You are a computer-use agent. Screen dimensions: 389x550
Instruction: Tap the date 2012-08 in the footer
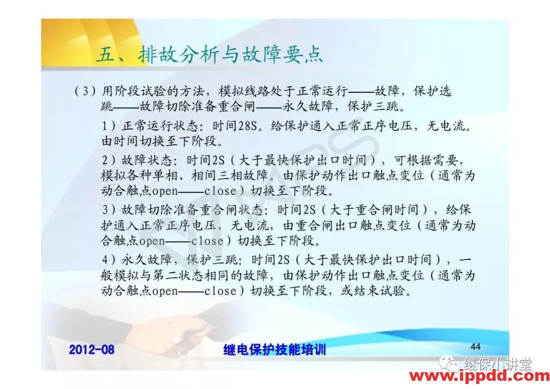[x=92, y=349]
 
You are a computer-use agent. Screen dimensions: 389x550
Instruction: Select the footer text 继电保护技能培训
[x=274, y=350]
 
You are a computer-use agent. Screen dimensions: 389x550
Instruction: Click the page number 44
[x=475, y=347]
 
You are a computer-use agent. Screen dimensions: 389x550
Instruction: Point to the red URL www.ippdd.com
[x=479, y=377]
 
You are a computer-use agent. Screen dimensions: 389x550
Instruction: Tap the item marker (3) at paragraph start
[x=85, y=92]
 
